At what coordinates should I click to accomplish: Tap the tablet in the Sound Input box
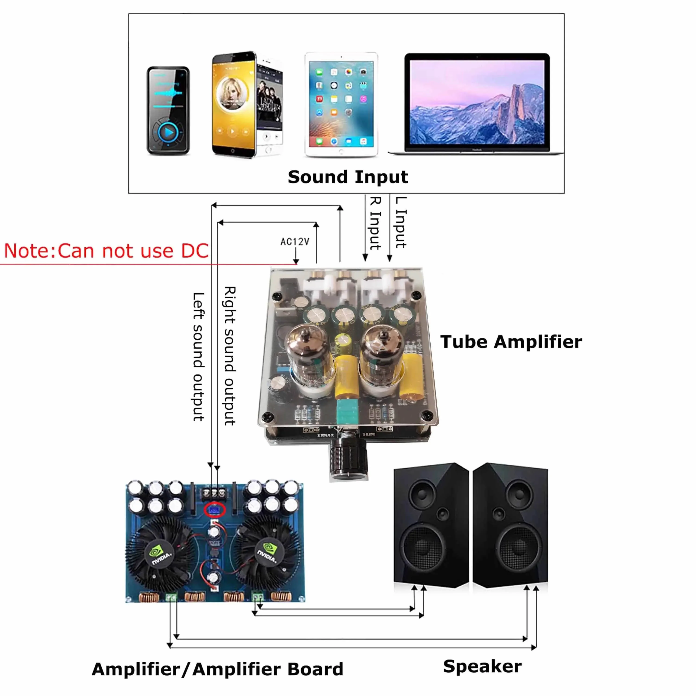click(x=341, y=104)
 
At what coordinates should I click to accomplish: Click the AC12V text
click(x=295, y=241)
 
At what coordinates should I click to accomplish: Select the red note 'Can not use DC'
click(x=106, y=251)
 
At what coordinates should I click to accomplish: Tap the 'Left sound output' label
click(x=199, y=357)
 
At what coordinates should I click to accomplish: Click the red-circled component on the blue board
click(x=215, y=510)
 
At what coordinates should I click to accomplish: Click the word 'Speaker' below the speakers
click(x=482, y=666)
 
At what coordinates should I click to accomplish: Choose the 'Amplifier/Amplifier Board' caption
click(x=217, y=669)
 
